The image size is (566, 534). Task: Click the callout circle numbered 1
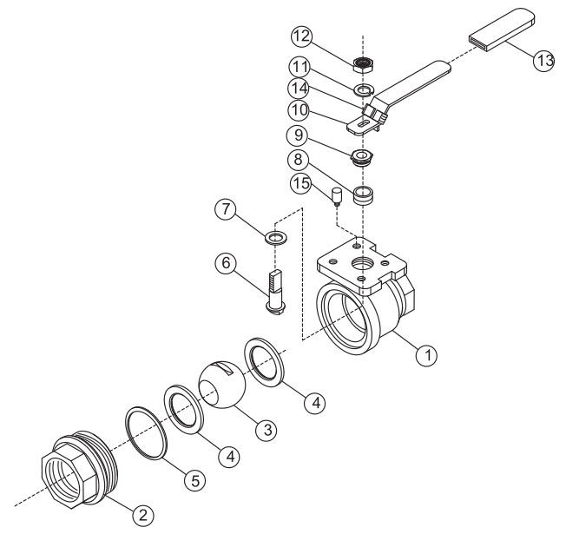(426, 356)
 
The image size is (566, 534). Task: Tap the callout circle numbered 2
(143, 515)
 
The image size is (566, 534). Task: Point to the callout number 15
(301, 183)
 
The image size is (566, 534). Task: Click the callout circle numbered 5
(195, 480)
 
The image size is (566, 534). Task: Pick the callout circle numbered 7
(226, 209)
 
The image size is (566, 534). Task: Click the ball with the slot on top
(222, 386)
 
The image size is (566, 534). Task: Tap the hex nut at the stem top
(363, 64)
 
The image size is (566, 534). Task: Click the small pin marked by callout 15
(337, 197)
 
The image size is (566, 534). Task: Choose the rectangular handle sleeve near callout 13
(502, 29)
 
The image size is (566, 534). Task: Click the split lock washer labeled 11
(364, 89)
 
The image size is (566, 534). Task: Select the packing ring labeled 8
(363, 195)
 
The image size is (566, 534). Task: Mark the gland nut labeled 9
(362, 157)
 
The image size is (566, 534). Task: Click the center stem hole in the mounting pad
(362, 264)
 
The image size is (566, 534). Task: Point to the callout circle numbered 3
(267, 430)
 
